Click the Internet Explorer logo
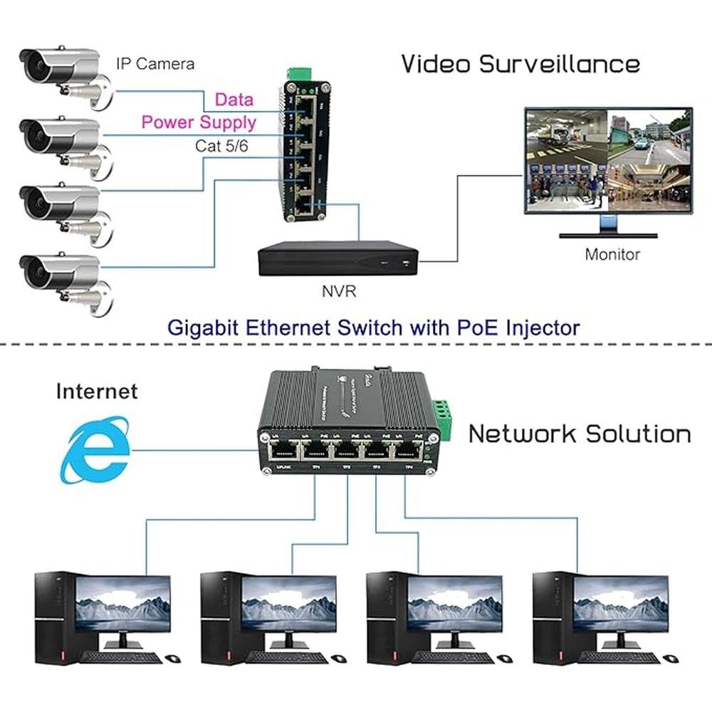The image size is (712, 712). [x=96, y=451]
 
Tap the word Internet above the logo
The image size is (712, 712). [x=97, y=391]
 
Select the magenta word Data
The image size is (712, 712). [x=234, y=100]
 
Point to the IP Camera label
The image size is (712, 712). [x=155, y=63]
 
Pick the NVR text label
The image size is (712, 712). [x=337, y=291]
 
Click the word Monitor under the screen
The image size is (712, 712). [x=612, y=254]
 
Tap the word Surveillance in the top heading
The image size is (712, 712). [x=560, y=63]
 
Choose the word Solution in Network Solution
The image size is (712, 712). [x=637, y=434]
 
